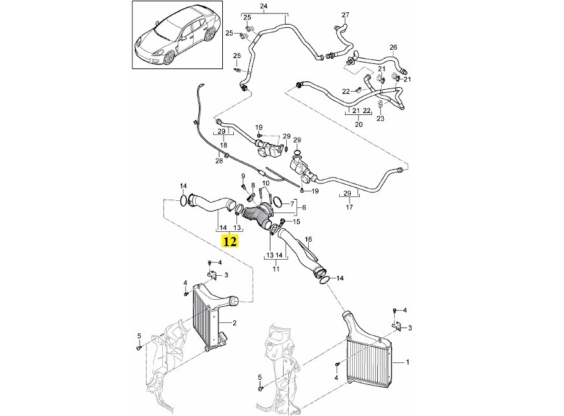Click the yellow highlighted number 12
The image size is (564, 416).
[230, 241]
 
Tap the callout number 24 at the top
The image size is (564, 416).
[264, 6]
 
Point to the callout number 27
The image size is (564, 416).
[345, 15]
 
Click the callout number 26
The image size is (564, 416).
[393, 47]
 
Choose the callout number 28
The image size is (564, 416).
[219, 161]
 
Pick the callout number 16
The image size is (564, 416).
[308, 239]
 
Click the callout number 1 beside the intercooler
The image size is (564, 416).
[408, 362]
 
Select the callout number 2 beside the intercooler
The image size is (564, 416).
[235, 323]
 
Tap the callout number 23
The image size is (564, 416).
[381, 118]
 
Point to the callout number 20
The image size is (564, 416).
[359, 125]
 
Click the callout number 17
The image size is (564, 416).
[350, 207]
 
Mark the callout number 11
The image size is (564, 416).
[276, 269]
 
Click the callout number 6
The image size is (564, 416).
[304, 207]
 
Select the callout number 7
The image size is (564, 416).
[292, 205]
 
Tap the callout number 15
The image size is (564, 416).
[297, 222]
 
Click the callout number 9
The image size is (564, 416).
[243, 176]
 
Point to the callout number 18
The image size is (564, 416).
[224, 145]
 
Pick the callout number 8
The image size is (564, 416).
[253, 185]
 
